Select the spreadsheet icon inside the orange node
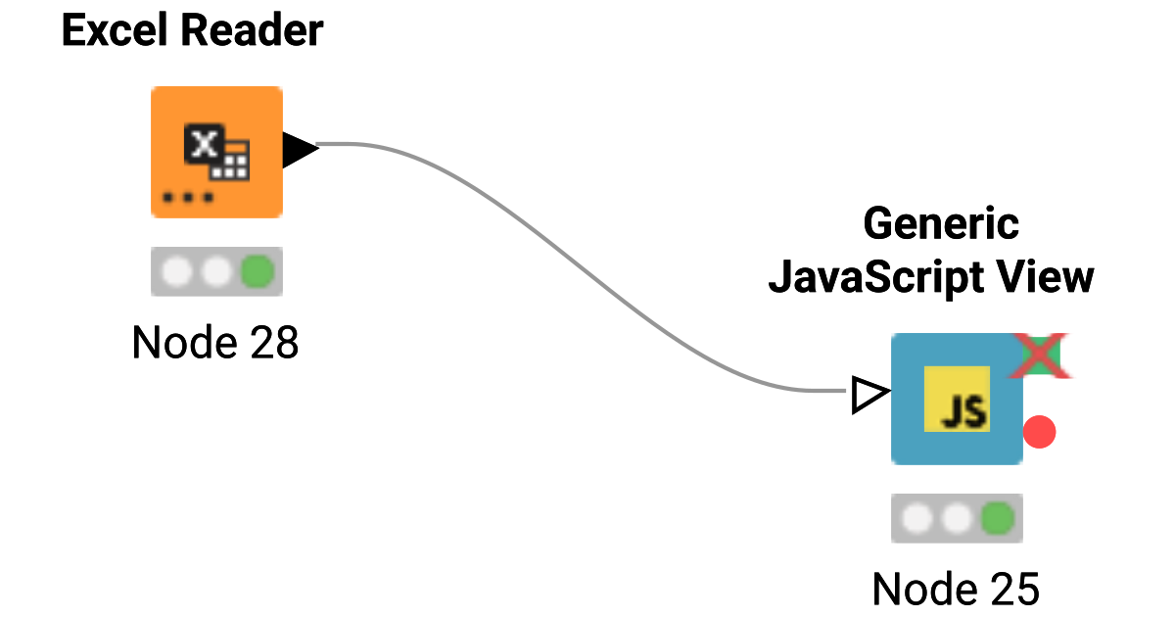click(x=217, y=152)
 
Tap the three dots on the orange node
click(x=188, y=198)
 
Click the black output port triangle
click(x=299, y=150)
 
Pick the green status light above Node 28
click(x=258, y=271)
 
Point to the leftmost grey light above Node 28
click(x=176, y=271)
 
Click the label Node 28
click(x=215, y=343)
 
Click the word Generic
click(x=941, y=224)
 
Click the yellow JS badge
click(x=957, y=400)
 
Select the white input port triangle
click(x=869, y=395)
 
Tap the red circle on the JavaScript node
click(x=1039, y=432)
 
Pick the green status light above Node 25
click(x=998, y=518)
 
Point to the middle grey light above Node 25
click(x=957, y=518)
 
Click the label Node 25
click(x=956, y=590)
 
